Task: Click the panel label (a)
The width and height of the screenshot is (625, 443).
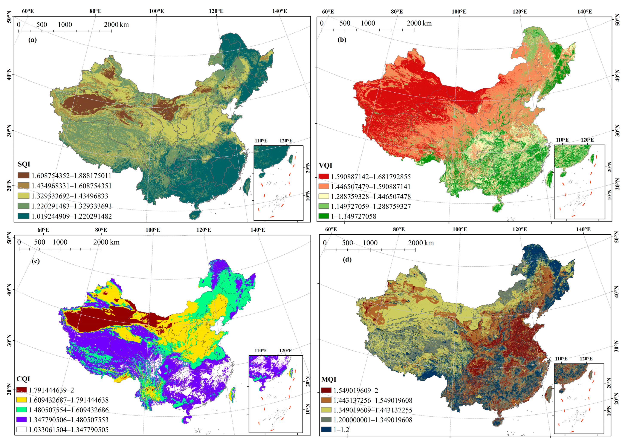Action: point(32,40)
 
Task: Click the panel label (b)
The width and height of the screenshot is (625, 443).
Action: point(342,40)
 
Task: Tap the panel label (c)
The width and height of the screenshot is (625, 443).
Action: point(36,261)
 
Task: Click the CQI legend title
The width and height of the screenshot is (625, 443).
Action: point(23,379)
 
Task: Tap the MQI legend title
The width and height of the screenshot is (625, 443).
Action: point(329,379)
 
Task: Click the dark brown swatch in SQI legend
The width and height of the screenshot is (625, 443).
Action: point(23,175)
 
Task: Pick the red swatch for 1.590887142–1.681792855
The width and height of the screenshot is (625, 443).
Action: point(324,176)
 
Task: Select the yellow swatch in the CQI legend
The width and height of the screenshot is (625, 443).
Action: point(21,400)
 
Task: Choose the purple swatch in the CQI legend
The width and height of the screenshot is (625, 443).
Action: point(21,420)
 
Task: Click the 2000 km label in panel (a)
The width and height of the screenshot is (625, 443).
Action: point(116,24)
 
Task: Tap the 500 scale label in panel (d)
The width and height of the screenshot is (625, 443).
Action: point(347,243)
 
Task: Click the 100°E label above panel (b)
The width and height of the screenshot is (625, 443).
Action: point(459,11)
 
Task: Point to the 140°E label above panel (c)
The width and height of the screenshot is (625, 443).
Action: point(258,230)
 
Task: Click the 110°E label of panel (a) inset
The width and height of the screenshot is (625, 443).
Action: point(261,141)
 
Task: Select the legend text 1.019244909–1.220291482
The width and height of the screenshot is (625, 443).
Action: point(72,216)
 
